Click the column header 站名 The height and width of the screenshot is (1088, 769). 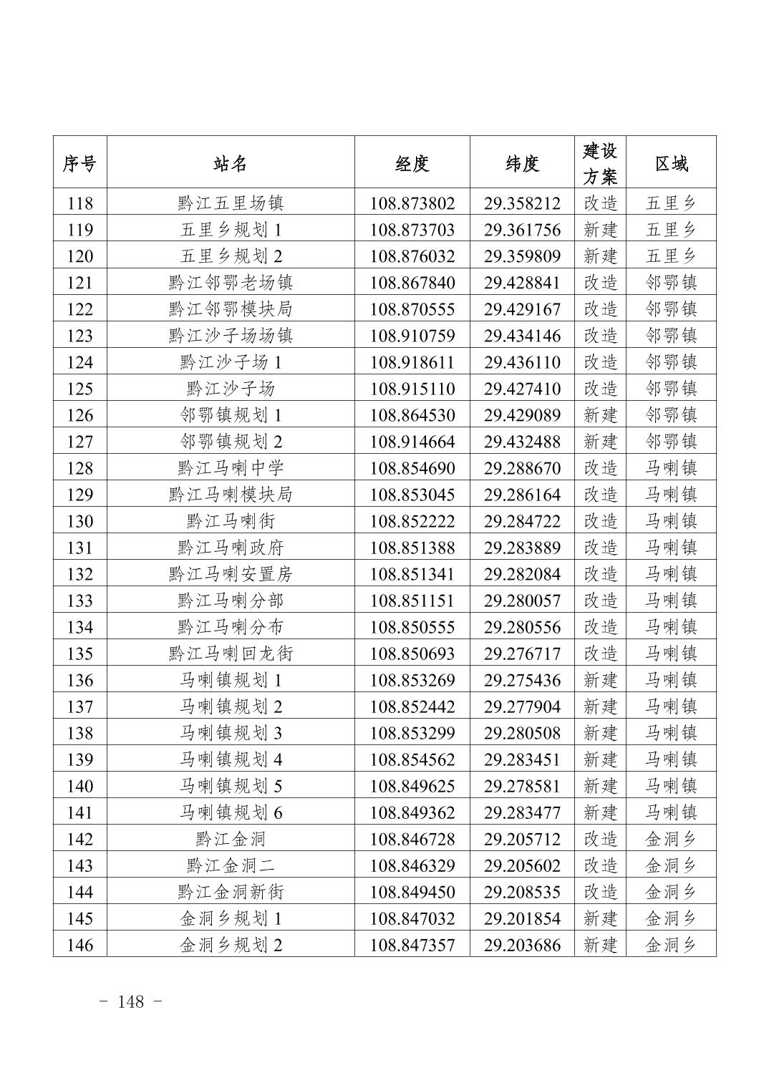(231, 163)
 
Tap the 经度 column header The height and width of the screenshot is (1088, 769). (412, 163)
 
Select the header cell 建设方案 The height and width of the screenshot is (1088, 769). (600, 163)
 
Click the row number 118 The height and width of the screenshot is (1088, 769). (79, 203)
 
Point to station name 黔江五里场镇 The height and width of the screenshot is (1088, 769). (231, 203)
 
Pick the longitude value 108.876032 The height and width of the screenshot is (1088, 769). (412, 256)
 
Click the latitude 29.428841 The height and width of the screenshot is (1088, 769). (522, 283)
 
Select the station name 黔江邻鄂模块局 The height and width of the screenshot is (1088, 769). (231, 309)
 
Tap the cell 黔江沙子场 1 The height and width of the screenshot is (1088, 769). (231, 362)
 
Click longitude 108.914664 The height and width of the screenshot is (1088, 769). (412, 442)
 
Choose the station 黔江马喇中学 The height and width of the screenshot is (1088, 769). (231, 468)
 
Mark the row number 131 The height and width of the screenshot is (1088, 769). (79, 548)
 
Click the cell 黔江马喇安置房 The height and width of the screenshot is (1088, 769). (231, 574)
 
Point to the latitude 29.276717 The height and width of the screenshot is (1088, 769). (522, 654)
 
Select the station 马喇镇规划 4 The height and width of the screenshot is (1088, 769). (231, 759)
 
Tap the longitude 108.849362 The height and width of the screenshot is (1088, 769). (412, 812)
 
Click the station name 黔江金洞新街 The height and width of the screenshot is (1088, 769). (231, 892)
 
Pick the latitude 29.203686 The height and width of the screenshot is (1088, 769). (522, 945)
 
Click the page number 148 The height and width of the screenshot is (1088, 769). (130, 1001)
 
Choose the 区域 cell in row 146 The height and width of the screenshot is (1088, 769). (671, 945)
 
